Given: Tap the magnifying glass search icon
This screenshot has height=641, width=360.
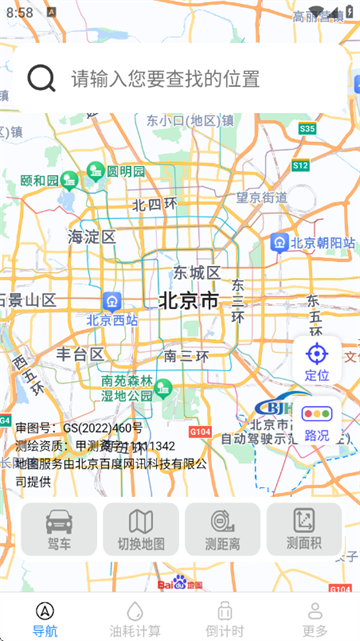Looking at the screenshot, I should [41, 78].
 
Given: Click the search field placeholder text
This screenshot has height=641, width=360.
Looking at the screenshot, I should [165, 78].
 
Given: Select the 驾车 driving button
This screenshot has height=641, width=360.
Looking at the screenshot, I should [59, 529].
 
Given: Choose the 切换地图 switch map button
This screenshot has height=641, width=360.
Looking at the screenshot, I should [141, 529].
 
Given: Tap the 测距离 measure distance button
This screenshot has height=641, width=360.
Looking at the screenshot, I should [222, 529].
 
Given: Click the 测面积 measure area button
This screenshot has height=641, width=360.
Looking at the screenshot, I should [304, 529].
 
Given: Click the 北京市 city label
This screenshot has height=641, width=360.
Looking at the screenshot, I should [188, 300].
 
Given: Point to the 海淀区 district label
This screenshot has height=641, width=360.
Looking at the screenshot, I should [92, 237].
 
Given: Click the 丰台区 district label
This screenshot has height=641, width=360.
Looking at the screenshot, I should [80, 354].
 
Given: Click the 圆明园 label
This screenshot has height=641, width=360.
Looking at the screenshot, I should [126, 171].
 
